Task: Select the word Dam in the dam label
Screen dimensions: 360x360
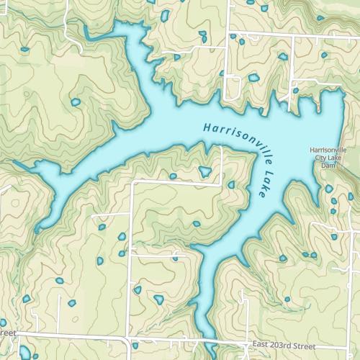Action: pyautogui.click(x=328, y=166)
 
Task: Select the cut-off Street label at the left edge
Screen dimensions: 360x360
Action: pyautogui.click(x=7, y=333)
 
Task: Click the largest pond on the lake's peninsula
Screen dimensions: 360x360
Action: pyautogui.click(x=205, y=171)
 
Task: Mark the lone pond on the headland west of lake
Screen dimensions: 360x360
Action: pyautogui.click(x=76, y=102)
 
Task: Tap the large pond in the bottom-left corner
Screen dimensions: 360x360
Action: pyautogui.click(x=25, y=352)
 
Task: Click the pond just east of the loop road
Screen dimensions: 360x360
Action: pyautogui.click(x=253, y=77)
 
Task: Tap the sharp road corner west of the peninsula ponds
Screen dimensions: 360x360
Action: pyautogui.click(x=133, y=183)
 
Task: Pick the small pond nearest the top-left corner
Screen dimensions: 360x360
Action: pyautogui.click(x=24, y=50)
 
